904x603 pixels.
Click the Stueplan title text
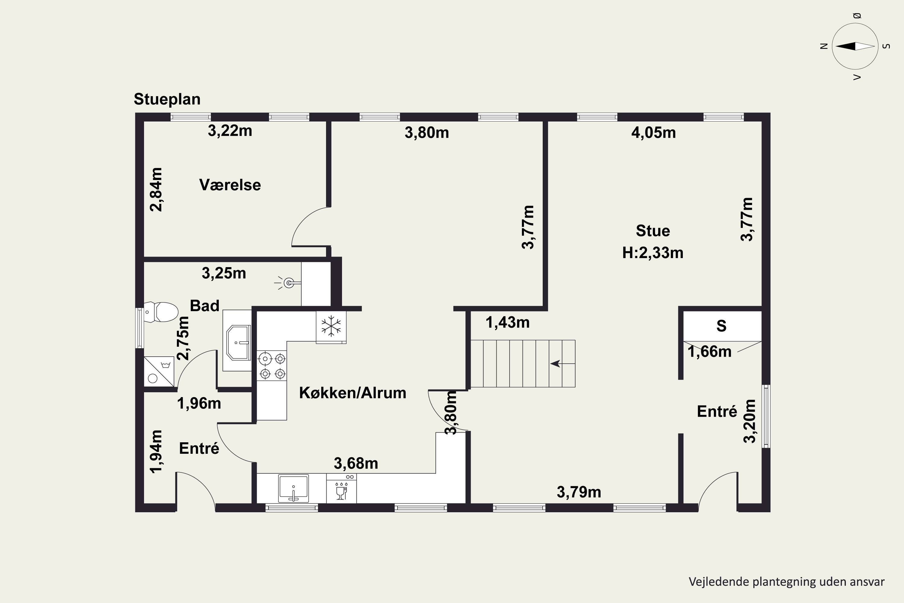click(x=167, y=99)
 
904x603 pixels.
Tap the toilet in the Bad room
click(x=162, y=312)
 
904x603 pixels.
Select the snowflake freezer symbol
click(x=331, y=327)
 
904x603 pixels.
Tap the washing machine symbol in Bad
click(x=159, y=371)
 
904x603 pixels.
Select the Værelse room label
click(x=230, y=185)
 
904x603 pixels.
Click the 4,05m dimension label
click(x=653, y=133)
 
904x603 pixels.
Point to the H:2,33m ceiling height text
click(x=653, y=253)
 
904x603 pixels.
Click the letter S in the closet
click(x=721, y=326)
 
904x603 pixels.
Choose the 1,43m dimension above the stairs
click(x=507, y=322)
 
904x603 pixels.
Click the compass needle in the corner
click(x=855, y=46)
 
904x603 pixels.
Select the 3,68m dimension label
click(x=356, y=463)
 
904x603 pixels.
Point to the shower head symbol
click(x=288, y=283)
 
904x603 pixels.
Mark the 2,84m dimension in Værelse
click(x=156, y=190)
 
